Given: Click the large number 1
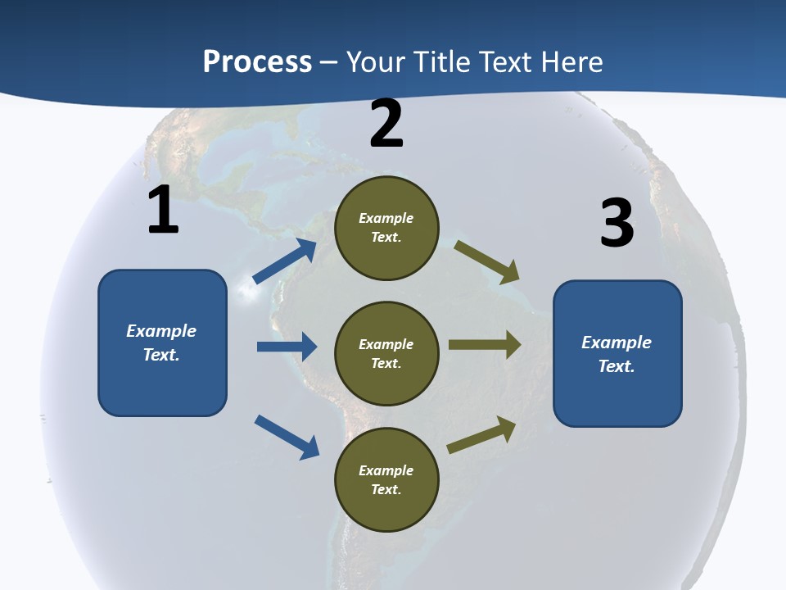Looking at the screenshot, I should (x=163, y=210).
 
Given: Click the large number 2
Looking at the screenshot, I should (x=386, y=124).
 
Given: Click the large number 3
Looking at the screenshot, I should (x=617, y=223).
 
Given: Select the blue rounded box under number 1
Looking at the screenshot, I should (x=162, y=343).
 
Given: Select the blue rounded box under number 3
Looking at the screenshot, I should (x=617, y=353).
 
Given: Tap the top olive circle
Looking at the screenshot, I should (x=386, y=228).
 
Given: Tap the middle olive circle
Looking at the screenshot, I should (x=386, y=353).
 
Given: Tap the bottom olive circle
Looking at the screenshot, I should (x=386, y=479).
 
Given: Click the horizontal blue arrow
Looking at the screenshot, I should (x=287, y=347).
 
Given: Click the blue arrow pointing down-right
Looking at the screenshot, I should (x=287, y=436).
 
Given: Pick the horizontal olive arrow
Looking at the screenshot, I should (x=485, y=345).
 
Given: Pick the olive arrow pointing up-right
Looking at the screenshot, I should (x=481, y=435).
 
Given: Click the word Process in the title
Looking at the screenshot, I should (x=257, y=62).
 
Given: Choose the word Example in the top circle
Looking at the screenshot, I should (x=386, y=218).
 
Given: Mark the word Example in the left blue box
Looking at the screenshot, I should (x=161, y=331).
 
